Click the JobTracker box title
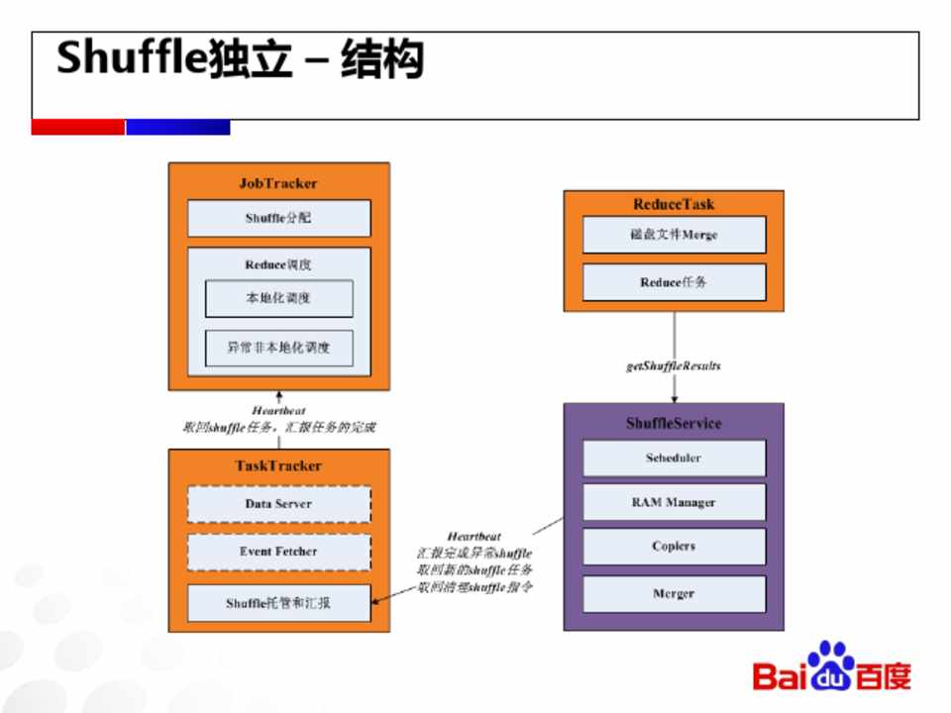pos(278,183)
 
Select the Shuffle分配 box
pos(278,218)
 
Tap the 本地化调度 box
pos(278,298)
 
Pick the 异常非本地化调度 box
pos(278,348)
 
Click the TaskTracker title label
pos(278,465)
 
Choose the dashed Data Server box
pos(278,504)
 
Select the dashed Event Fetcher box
pos(278,552)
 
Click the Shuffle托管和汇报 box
pos(278,602)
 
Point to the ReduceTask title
pos(674,204)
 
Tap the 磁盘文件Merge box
pos(674,235)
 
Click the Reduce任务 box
pos(674,282)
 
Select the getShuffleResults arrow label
pos(674,365)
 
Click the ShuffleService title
pos(674,423)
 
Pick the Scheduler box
pos(674,458)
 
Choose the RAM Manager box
pos(674,502)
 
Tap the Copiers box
pos(674,546)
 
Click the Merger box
pos(674,593)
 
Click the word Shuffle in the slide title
pos(132,59)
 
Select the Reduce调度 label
pos(278,264)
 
